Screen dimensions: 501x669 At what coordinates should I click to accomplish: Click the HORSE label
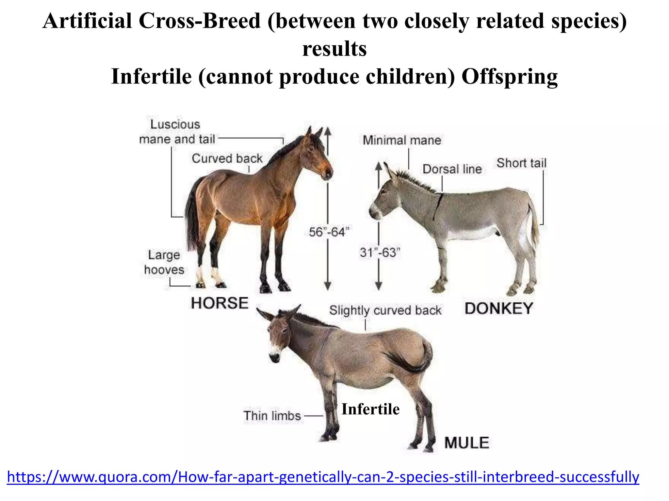pyautogui.click(x=220, y=303)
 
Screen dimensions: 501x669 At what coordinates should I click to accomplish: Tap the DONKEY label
pyautogui.click(x=498, y=309)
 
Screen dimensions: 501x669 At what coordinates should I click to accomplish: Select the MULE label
pyautogui.click(x=466, y=443)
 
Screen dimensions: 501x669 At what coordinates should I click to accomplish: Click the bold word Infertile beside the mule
pyautogui.click(x=370, y=409)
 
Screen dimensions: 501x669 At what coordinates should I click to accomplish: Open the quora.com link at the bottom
pyautogui.click(x=323, y=477)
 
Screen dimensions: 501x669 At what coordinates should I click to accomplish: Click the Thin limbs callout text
pyautogui.click(x=272, y=416)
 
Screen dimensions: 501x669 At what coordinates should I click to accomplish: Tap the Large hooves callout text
pyautogui.click(x=164, y=262)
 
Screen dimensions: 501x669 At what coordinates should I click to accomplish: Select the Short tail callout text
pyautogui.click(x=521, y=163)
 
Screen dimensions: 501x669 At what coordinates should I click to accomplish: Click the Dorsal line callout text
pyautogui.click(x=452, y=169)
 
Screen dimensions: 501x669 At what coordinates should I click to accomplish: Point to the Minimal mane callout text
pyautogui.click(x=402, y=140)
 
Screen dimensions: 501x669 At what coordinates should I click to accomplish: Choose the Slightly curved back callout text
pyautogui.click(x=385, y=310)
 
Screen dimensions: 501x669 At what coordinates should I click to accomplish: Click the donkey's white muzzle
pyautogui.click(x=374, y=211)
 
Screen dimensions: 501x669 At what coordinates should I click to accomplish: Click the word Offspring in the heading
pyautogui.click(x=509, y=77)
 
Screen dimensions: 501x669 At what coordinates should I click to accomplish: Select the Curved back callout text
pyautogui.click(x=227, y=159)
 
